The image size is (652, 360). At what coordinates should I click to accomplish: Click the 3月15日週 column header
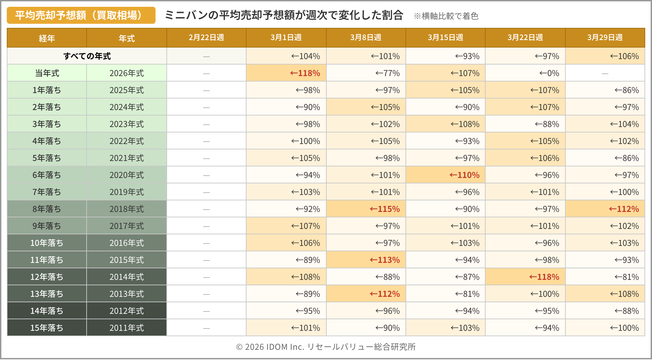[445, 38]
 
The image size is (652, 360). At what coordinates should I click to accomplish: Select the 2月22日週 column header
[206, 38]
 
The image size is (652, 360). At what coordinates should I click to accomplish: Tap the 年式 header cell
[127, 38]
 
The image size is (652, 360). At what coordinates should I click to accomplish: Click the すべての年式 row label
[87, 56]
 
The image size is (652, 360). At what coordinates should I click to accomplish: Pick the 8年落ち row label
[47, 209]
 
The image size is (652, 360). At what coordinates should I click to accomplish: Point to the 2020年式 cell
[127, 175]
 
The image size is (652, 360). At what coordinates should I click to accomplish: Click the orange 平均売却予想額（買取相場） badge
[81, 15]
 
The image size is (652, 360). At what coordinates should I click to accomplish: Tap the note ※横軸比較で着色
[446, 16]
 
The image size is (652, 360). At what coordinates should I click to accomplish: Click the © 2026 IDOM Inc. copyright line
[326, 347]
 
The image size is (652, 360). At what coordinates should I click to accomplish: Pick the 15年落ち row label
[47, 328]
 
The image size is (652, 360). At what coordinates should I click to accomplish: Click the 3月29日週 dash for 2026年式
[605, 73]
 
